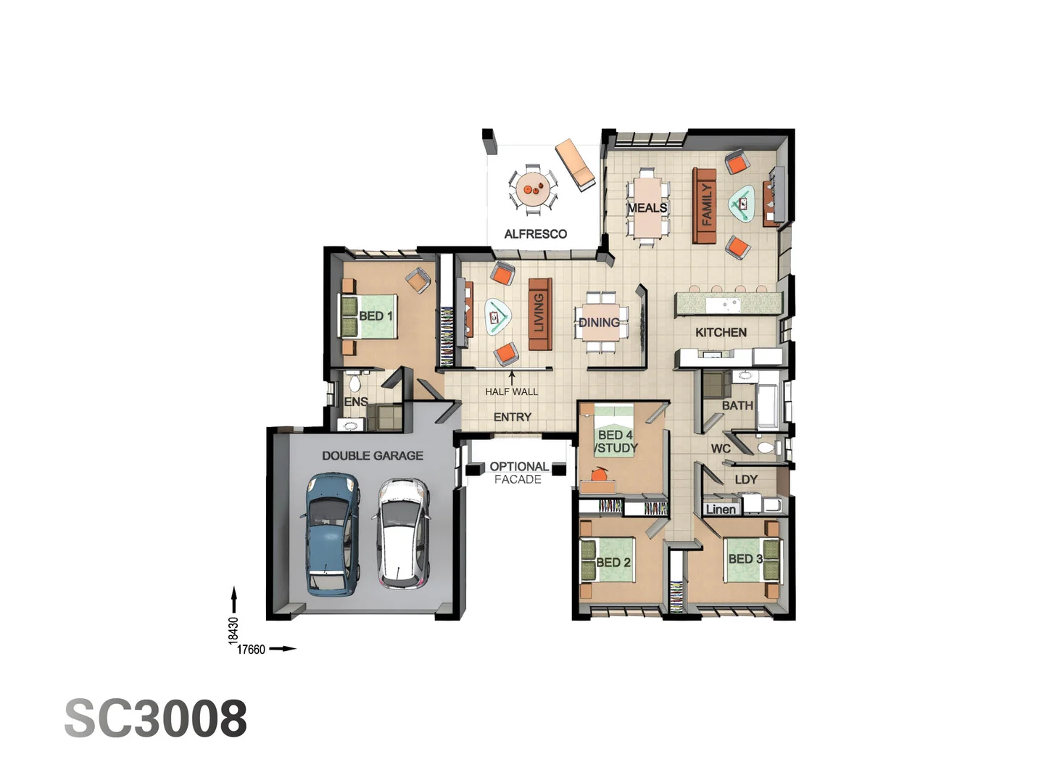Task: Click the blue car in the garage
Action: (x=331, y=534)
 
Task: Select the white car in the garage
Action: (x=401, y=533)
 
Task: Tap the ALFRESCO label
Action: (x=535, y=234)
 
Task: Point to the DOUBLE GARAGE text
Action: (x=373, y=456)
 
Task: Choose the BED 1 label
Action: (x=376, y=316)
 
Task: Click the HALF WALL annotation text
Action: (x=512, y=392)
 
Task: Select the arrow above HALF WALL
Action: (x=512, y=378)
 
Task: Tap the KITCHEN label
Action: (x=721, y=333)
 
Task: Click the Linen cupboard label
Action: (x=721, y=510)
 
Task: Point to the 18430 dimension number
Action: (x=233, y=631)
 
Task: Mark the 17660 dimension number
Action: (x=251, y=650)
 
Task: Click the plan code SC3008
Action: (x=156, y=718)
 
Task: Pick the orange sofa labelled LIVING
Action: (x=539, y=314)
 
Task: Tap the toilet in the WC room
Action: (x=765, y=448)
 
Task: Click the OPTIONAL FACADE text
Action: (x=518, y=473)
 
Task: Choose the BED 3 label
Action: (x=745, y=559)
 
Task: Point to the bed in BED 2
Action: (x=608, y=560)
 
